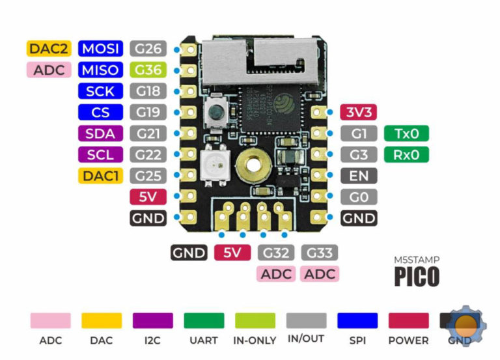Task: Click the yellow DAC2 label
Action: pyautogui.click(x=49, y=48)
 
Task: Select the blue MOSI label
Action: pyautogui.click(x=100, y=48)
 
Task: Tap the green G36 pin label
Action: pyautogui.click(x=148, y=70)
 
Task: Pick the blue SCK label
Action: pyautogui.click(x=100, y=91)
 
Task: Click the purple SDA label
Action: pyautogui.click(x=100, y=133)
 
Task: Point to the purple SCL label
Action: pyautogui.click(x=100, y=155)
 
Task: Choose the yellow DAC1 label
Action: pyautogui.click(x=100, y=175)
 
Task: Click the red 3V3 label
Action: pyautogui.click(x=359, y=112)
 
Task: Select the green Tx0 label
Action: pyautogui.click(x=407, y=133)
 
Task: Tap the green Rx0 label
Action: pyautogui.click(x=407, y=155)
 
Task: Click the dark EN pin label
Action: pyautogui.click(x=359, y=176)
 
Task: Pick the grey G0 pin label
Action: pyautogui.click(x=359, y=197)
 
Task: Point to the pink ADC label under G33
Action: pyautogui.click(x=320, y=273)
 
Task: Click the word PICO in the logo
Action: pyautogui.click(x=417, y=276)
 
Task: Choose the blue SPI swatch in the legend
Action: pyautogui.click(x=357, y=320)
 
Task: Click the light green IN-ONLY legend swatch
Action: pyautogui.click(x=255, y=320)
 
